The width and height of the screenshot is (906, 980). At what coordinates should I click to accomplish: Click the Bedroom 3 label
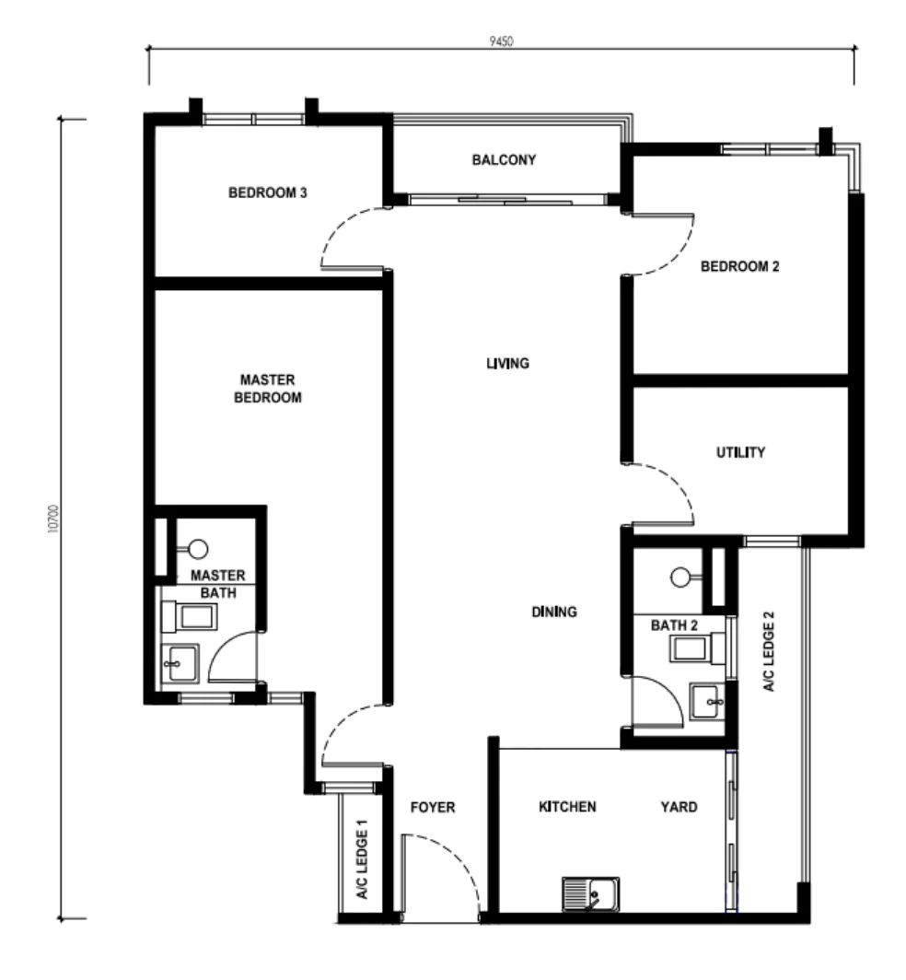(267, 192)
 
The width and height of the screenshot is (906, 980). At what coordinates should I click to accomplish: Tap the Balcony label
(504, 160)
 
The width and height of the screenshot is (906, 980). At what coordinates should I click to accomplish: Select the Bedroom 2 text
(739, 266)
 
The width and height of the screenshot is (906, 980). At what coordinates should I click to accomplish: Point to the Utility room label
(740, 452)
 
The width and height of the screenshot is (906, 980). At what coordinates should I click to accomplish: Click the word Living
(507, 363)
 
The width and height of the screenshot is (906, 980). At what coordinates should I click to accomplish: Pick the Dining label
(554, 612)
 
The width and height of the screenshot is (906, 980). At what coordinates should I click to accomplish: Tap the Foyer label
(433, 808)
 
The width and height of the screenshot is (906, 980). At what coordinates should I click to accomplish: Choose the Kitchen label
(567, 807)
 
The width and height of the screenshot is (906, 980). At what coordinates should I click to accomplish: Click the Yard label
(679, 807)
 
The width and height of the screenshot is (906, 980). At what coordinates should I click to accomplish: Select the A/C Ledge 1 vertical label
(362, 859)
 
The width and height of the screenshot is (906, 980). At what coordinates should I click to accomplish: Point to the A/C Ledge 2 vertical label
(769, 651)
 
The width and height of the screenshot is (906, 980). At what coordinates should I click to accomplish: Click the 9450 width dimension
(501, 41)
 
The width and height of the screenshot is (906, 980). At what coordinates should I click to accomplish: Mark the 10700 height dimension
(53, 519)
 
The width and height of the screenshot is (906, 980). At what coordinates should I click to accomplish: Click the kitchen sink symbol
(590, 893)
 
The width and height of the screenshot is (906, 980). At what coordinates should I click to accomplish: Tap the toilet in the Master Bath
(190, 617)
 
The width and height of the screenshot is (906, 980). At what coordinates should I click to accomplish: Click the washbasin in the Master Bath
(180, 663)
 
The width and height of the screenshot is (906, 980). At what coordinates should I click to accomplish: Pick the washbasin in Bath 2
(707, 702)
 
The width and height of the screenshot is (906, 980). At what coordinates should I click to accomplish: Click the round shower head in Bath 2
(680, 577)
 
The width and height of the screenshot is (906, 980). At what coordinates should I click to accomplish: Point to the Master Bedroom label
(267, 389)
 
